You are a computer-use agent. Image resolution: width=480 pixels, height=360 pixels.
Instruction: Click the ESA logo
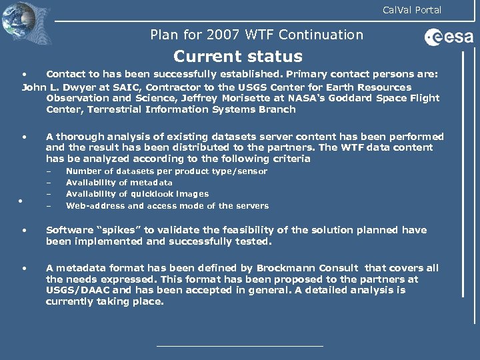coord(449,38)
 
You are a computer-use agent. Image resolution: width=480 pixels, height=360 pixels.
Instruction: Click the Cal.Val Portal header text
coord(411,10)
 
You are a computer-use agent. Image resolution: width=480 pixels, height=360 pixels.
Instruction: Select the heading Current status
coord(237,57)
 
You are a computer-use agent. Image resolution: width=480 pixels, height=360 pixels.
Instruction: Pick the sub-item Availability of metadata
coord(119,183)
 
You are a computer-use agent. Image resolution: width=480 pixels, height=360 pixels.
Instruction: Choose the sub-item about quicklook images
coord(137,194)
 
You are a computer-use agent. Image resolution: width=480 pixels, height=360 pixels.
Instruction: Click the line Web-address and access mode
coord(167,206)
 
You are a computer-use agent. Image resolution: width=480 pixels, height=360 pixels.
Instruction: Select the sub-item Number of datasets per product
coord(166,171)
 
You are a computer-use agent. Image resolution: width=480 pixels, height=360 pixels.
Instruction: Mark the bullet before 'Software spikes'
coord(24,230)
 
